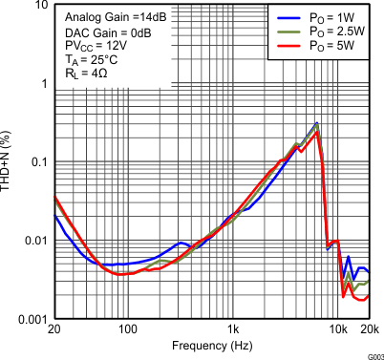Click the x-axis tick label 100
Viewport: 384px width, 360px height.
coord(128,329)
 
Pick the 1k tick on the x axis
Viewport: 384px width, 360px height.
coord(232,329)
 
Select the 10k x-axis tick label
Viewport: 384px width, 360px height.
coord(338,329)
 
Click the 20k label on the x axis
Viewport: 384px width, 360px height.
coord(370,329)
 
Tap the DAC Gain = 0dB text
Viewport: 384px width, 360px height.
coord(100,32)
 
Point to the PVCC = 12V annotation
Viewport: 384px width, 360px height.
coord(93,46)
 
